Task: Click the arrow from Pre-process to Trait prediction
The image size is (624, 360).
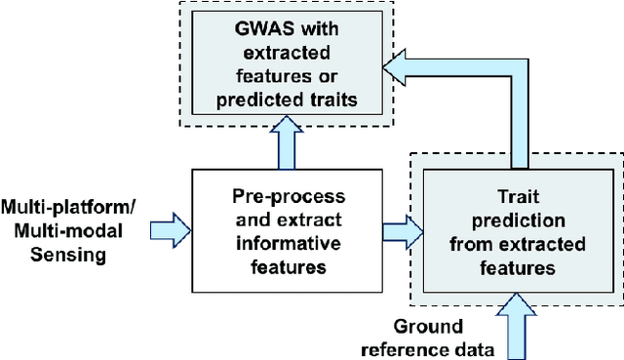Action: coord(401,230)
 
